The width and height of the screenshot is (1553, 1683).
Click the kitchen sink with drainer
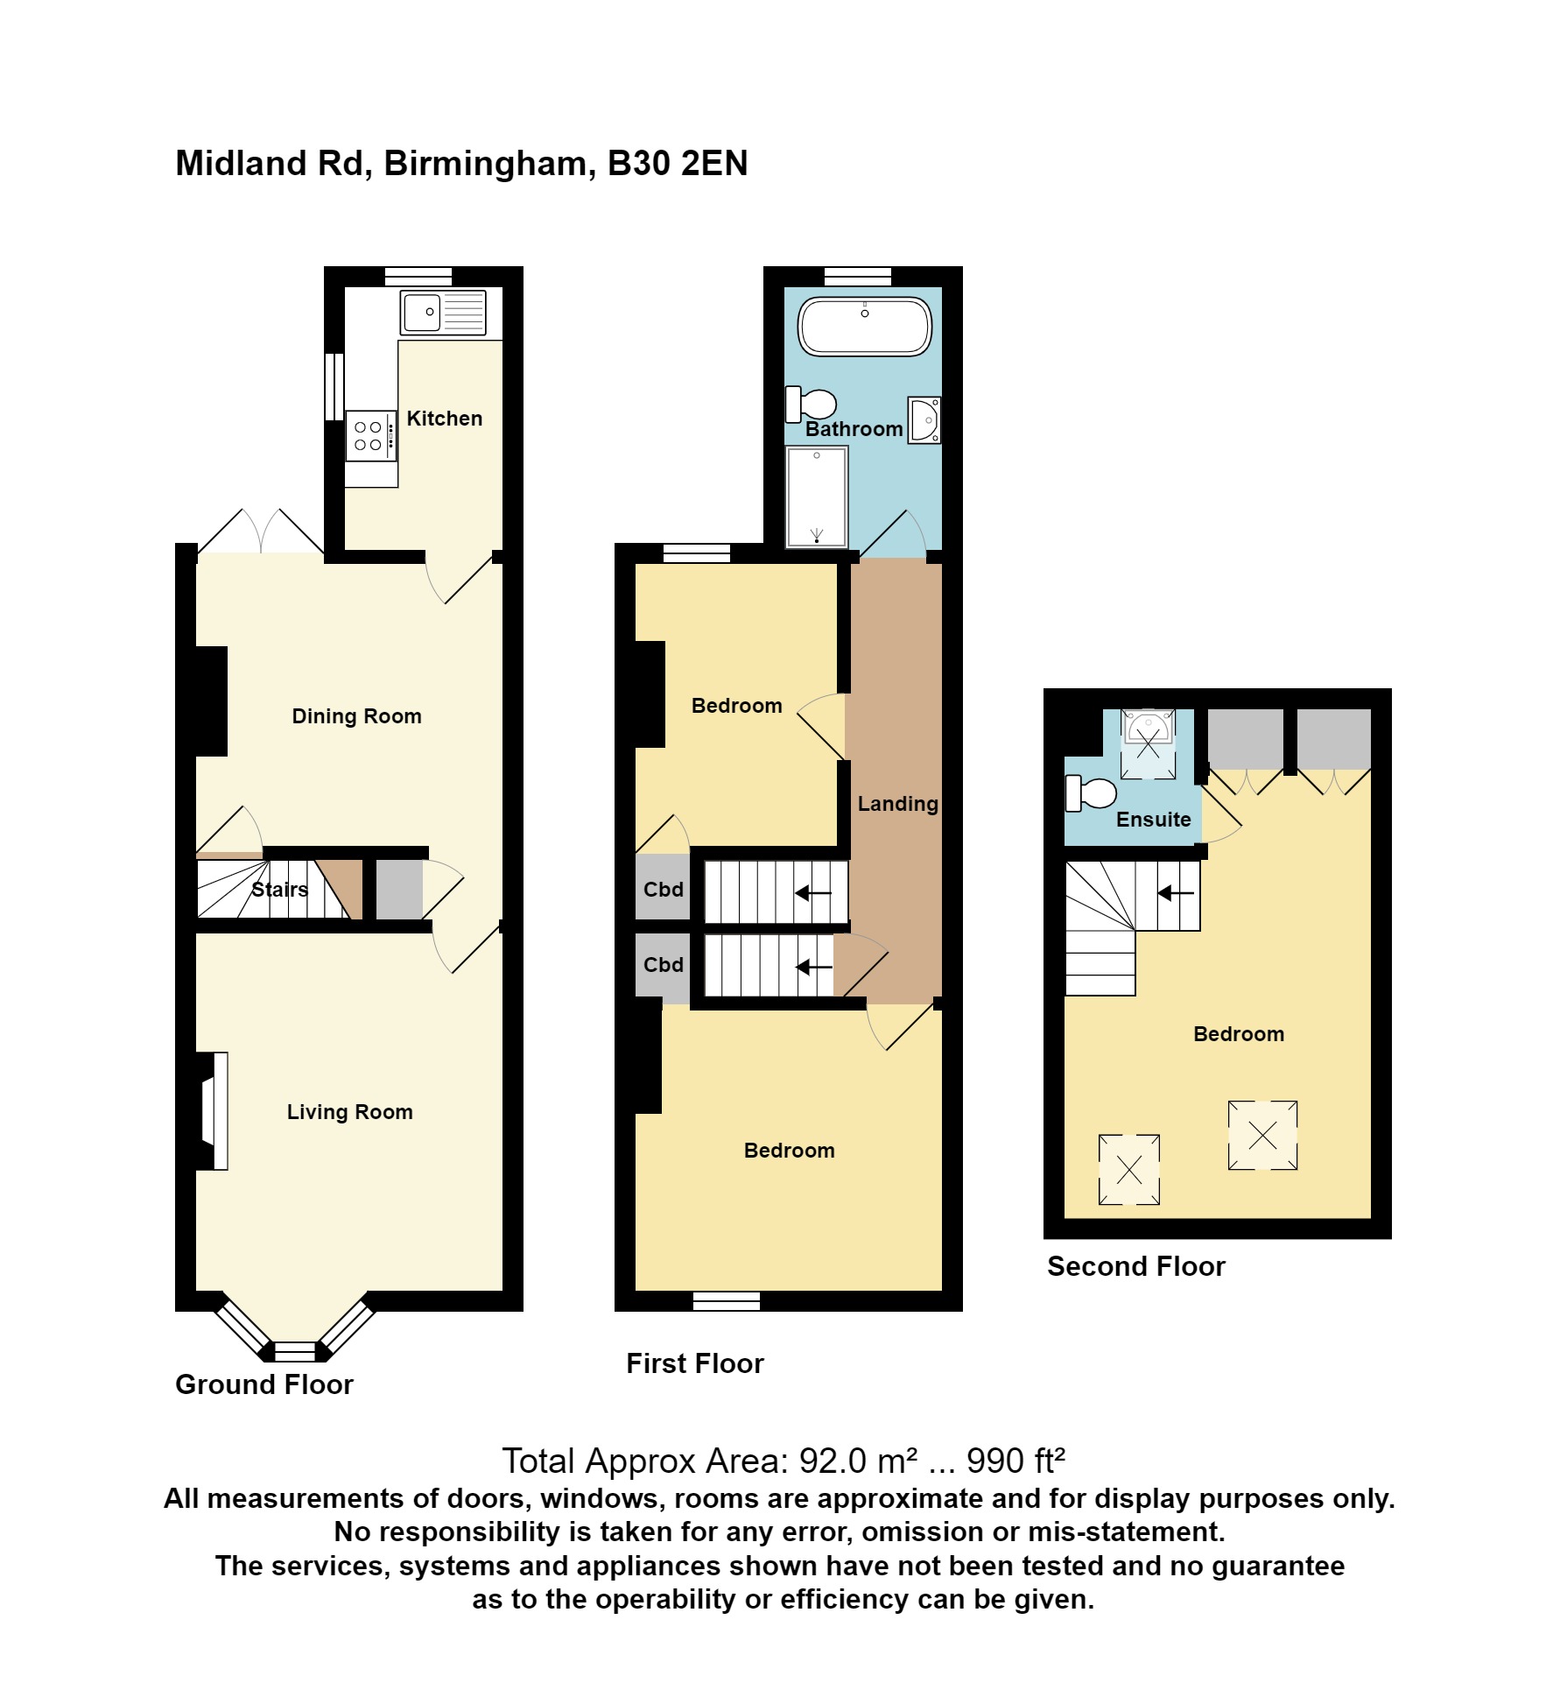click(x=443, y=312)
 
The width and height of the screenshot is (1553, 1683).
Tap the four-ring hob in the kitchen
click(x=369, y=436)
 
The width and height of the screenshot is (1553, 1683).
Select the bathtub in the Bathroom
click(x=864, y=327)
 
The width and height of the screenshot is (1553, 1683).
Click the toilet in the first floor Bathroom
click(x=812, y=405)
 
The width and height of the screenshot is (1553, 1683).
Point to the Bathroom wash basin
click(x=924, y=420)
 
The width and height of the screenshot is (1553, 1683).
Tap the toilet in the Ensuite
click(x=1091, y=793)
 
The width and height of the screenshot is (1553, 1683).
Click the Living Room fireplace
click(x=214, y=1110)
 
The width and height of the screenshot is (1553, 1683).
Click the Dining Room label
click(x=356, y=716)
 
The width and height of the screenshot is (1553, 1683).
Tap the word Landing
click(x=897, y=804)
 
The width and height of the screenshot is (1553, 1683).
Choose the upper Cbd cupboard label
click(x=663, y=890)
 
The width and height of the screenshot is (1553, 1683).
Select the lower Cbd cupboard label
click(x=663, y=965)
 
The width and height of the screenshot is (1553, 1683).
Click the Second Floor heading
click(x=1135, y=1266)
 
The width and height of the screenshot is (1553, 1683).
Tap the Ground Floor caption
click(x=264, y=1384)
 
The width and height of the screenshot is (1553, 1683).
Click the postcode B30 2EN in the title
click(x=678, y=164)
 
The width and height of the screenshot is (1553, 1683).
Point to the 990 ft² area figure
click(x=1015, y=1461)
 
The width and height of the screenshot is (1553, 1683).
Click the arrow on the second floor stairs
click(x=1175, y=893)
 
